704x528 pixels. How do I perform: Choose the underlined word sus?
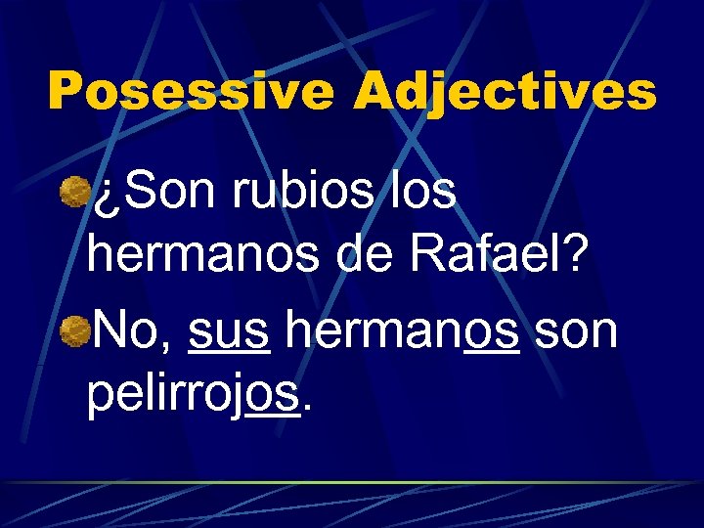(x=229, y=333)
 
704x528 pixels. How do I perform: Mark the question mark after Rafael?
(x=578, y=256)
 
